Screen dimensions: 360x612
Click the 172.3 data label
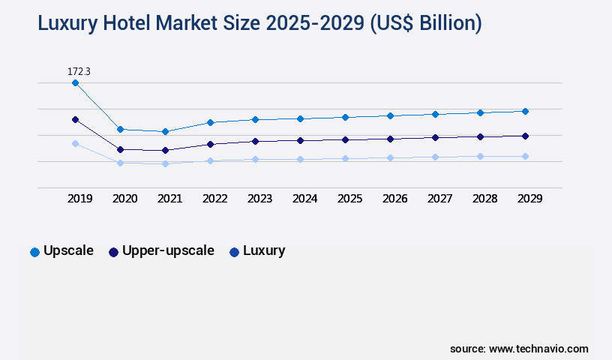79,71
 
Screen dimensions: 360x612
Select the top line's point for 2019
75,83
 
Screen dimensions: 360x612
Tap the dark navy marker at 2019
75,119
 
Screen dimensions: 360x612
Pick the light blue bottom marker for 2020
120,163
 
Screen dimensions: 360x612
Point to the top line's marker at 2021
165,132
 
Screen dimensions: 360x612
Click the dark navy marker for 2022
210,144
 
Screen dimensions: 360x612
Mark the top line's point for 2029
525,111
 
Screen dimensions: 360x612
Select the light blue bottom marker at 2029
525,156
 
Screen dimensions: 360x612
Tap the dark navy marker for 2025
345,139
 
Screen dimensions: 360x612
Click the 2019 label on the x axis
79,199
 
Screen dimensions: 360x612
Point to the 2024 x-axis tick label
304,199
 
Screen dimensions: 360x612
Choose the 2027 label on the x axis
439,199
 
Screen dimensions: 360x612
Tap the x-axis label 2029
529,199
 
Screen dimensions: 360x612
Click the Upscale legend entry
68,250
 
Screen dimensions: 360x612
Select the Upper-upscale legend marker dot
114,252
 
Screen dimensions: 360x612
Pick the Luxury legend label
264,250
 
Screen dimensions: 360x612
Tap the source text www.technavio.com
538,349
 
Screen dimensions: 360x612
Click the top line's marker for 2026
390,115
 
